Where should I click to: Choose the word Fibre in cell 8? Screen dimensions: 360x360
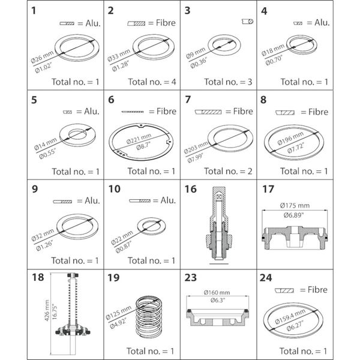(316, 112)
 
